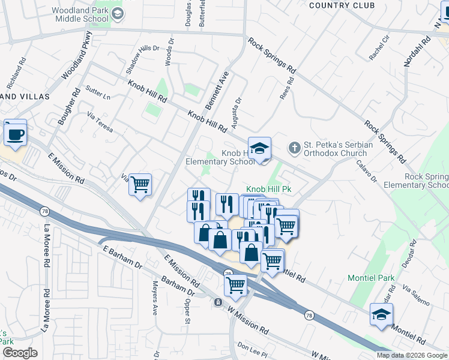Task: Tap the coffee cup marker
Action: pyautogui.click(x=15, y=133)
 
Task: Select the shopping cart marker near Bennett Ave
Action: pyautogui.click(x=140, y=184)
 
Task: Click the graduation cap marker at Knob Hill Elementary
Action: pyautogui.click(x=259, y=149)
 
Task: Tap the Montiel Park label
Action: pyautogui.click(x=371, y=278)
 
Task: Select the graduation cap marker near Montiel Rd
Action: pyautogui.click(x=381, y=314)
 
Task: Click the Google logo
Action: pyautogui.click(x=19, y=352)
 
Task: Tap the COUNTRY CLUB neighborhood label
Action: pyautogui.click(x=342, y=5)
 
